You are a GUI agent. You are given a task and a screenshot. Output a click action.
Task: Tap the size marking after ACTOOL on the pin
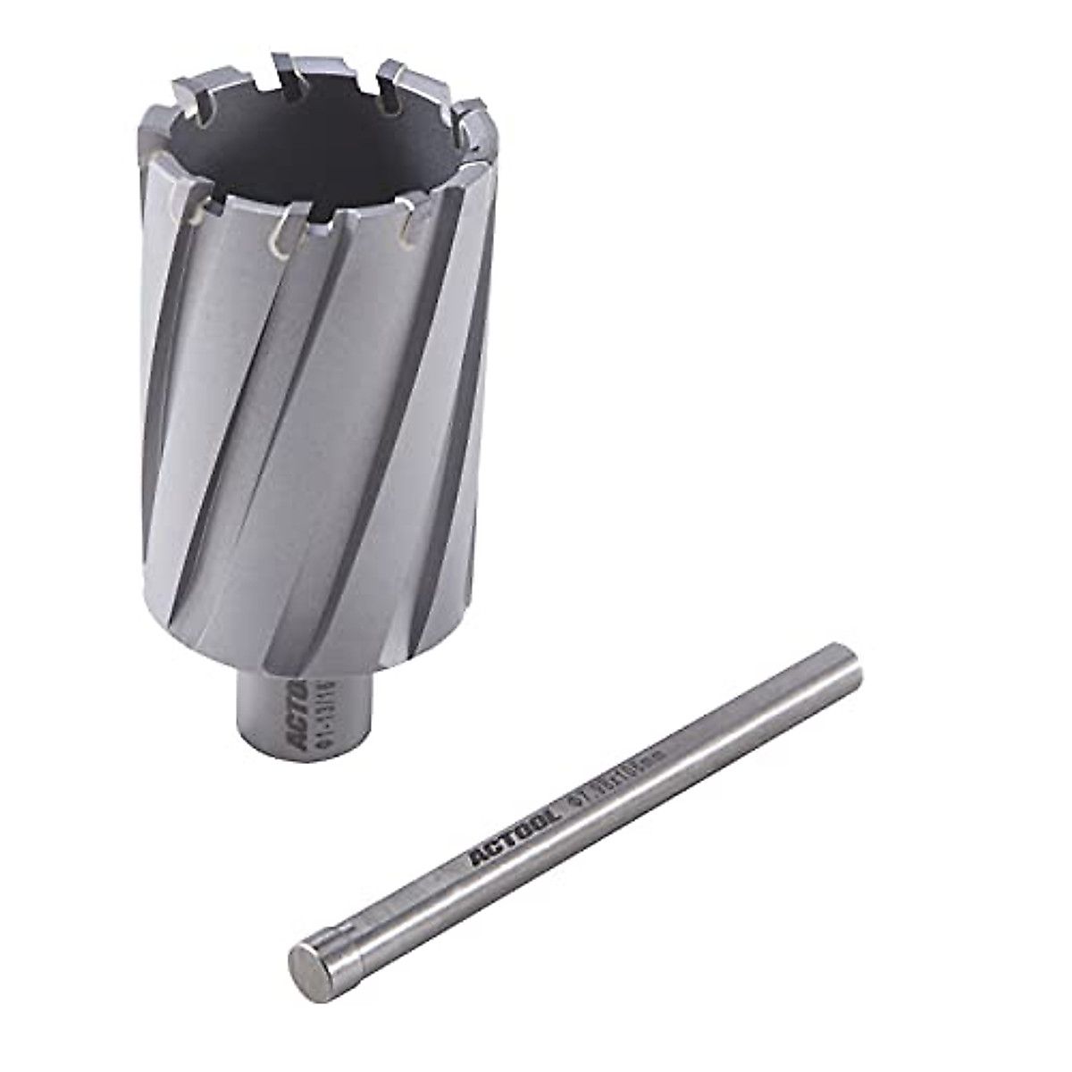[x=616, y=782]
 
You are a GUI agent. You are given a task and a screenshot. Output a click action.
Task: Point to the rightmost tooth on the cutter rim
[x=482, y=121]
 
